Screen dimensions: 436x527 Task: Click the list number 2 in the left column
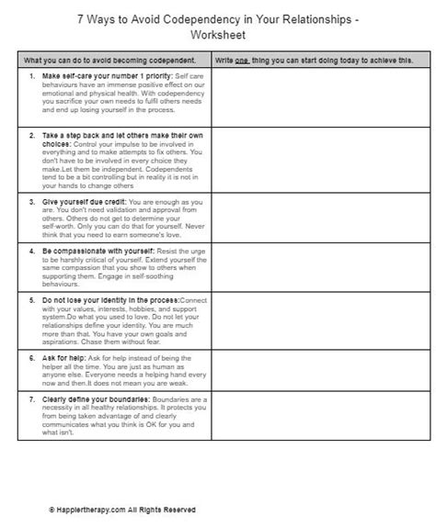click(32, 133)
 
